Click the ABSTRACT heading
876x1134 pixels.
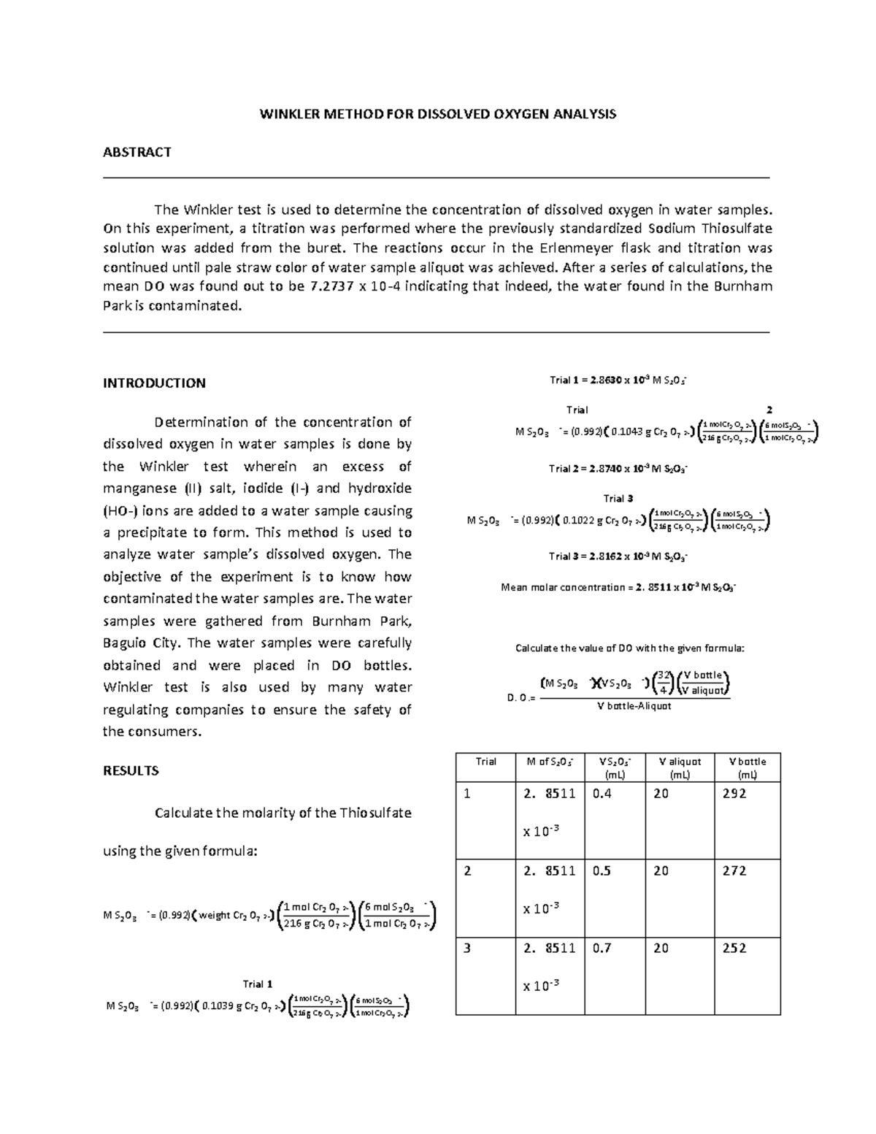point(137,152)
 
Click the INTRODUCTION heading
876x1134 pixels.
point(154,383)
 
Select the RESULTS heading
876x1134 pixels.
point(131,771)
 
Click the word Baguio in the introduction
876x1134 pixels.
point(125,643)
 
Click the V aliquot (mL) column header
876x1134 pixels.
point(679,768)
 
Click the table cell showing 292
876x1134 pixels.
point(734,794)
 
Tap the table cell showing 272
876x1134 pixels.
point(734,871)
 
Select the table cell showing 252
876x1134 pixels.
point(734,949)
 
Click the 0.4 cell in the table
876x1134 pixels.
point(602,794)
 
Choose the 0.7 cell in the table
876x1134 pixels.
point(602,949)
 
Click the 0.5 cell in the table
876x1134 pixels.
point(602,871)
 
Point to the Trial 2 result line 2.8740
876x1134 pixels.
point(618,469)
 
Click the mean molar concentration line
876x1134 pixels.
point(618,587)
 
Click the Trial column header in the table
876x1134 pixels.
point(485,762)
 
